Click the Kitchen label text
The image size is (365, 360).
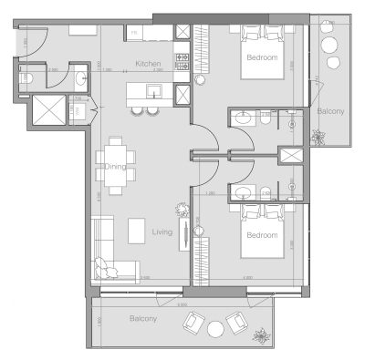tap(149, 64)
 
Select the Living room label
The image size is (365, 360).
tap(162, 232)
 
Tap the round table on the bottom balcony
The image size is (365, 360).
tap(215, 328)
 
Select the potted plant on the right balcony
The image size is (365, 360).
tap(318, 139)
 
